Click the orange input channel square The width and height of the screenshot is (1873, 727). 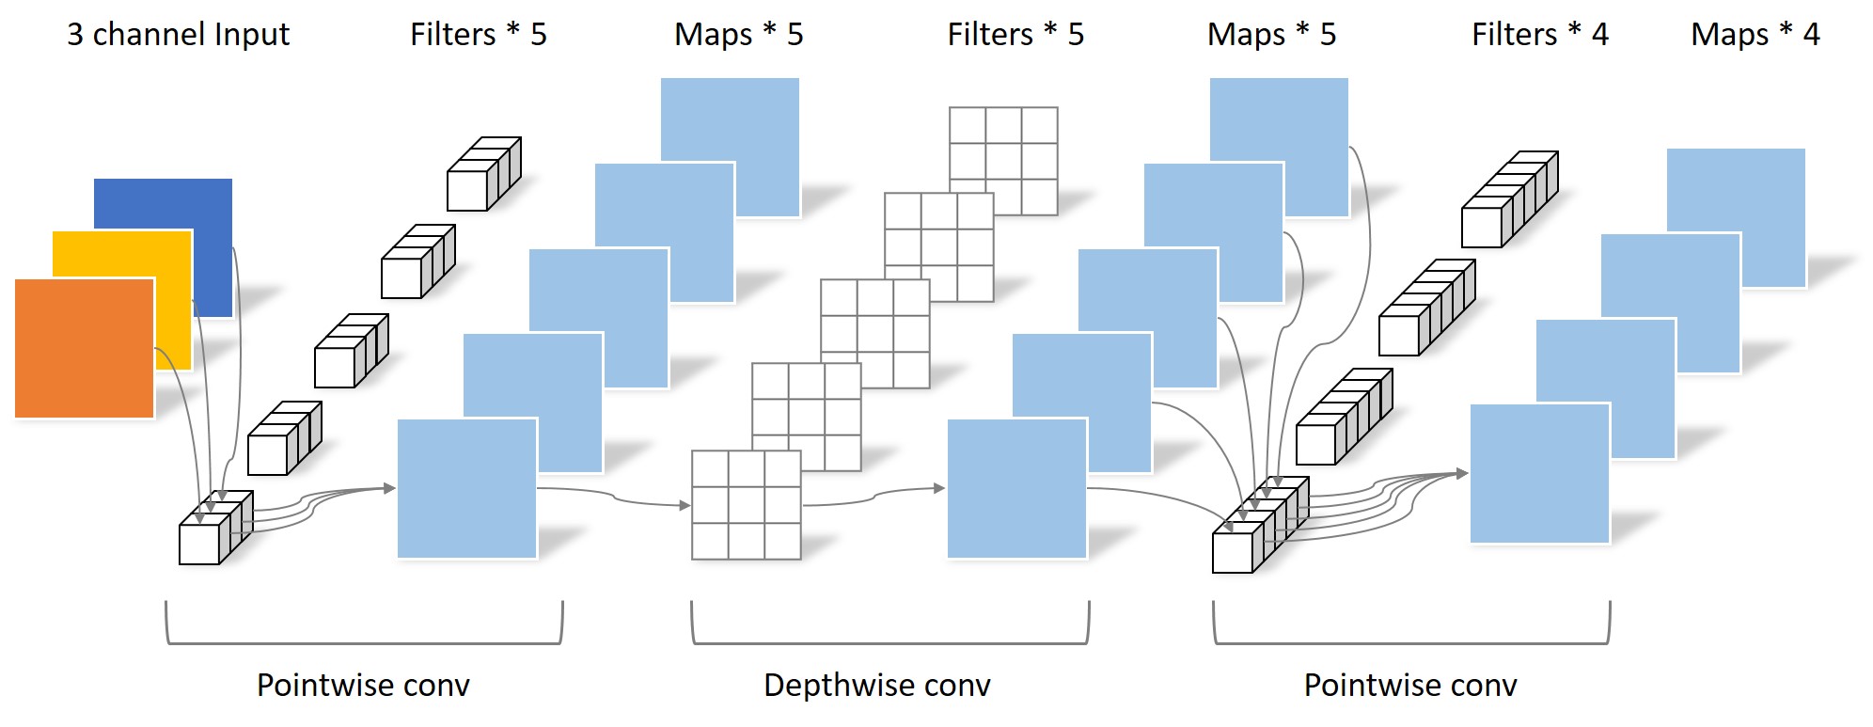(x=85, y=348)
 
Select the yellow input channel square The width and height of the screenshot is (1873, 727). (x=122, y=300)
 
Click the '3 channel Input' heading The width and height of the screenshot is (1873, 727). (x=178, y=35)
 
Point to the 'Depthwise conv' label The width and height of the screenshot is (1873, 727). (x=877, y=685)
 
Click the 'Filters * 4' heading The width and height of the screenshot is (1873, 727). (x=1540, y=35)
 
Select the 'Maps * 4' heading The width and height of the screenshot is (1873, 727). (x=1755, y=35)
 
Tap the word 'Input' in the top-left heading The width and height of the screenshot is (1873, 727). (x=252, y=35)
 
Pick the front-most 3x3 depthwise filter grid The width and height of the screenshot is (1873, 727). (x=747, y=505)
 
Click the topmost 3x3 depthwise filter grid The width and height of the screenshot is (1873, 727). (x=1003, y=161)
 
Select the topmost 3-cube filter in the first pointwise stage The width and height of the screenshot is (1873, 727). (x=484, y=174)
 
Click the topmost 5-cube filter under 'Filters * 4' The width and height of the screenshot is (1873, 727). (x=1510, y=199)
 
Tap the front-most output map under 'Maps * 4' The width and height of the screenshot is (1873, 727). (x=1540, y=474)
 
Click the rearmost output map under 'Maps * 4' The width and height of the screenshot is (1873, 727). (x=1736, y=217)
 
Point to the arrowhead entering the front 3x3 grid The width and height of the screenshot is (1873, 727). (x=685, y=505)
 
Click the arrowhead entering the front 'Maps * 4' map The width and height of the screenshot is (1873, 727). (x=1462, y=473)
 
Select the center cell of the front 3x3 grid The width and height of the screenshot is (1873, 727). (x=747, y=505)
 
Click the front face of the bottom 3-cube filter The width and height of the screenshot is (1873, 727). (x=199, y=545)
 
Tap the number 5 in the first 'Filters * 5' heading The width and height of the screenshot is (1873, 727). (x=539, y=35)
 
